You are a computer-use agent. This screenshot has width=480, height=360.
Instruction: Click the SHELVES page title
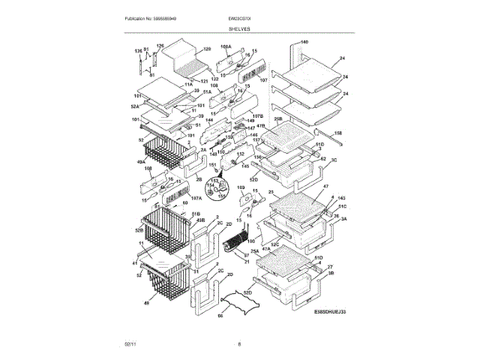(x=240, y=28)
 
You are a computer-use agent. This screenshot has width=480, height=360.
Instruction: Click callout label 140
(x=304, y=42)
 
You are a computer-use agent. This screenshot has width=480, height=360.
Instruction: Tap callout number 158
(x=337, y=133)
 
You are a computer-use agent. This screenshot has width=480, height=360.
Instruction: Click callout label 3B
(x=331, y=274)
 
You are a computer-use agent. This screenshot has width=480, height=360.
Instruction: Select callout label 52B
(x=140, y=229)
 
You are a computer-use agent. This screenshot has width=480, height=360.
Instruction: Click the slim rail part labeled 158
(x=322, y=138)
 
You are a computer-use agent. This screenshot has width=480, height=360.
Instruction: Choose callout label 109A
(x=226, y=47)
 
